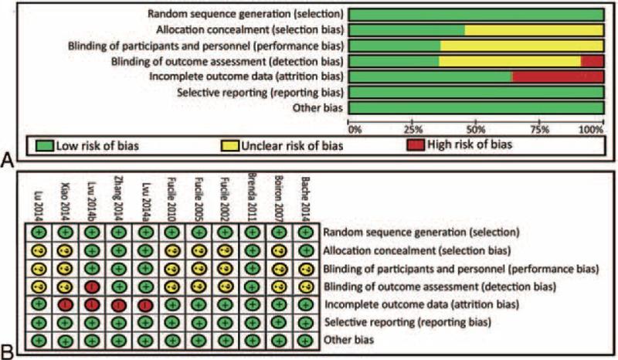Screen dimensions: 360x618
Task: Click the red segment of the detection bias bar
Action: point(592,61)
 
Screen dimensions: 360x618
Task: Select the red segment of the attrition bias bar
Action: point(557,76)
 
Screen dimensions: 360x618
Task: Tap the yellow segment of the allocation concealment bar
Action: point(534,30)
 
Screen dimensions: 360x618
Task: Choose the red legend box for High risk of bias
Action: point(418,144)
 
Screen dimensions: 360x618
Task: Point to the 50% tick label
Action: point(477,129)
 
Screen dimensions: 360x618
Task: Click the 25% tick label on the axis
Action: point(413,129)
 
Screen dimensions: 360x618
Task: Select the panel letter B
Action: point(7,352)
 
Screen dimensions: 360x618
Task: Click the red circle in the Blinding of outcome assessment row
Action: point(91,287)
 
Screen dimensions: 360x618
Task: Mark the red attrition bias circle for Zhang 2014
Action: point(117,304)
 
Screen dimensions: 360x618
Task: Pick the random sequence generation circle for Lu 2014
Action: point(37,233)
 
